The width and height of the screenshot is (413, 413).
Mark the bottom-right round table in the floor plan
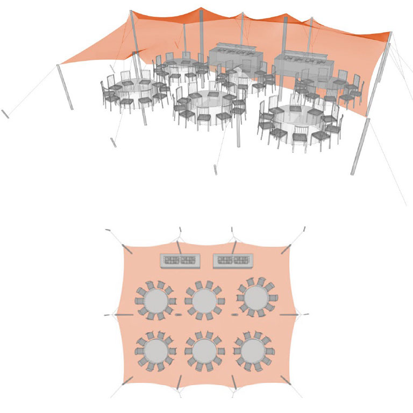(252, 350)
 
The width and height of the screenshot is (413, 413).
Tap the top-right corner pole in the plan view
(286, 248)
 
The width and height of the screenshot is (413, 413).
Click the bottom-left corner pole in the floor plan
(127, 382)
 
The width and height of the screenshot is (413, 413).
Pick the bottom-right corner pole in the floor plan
(286, 382)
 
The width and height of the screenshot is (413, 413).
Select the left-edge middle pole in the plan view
(123, 314)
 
